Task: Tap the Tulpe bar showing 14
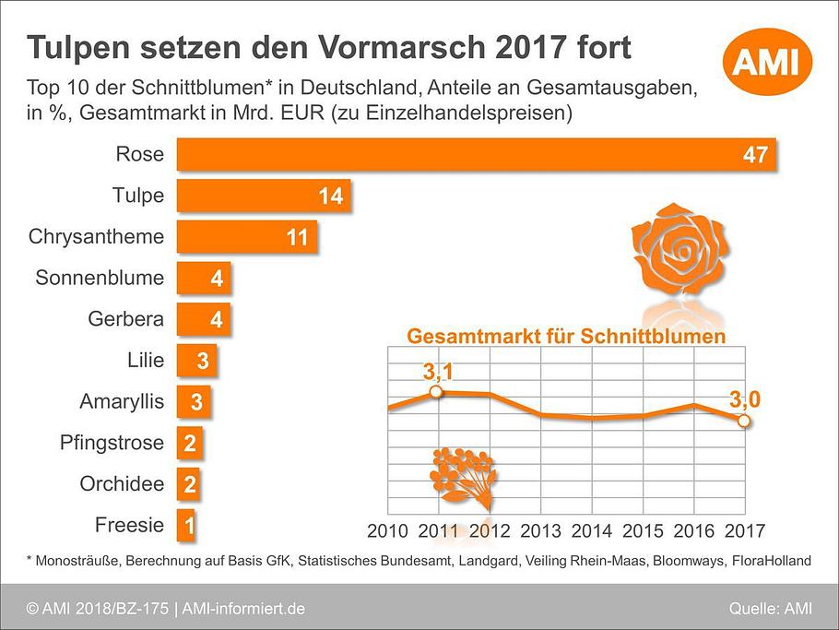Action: coord(263,196)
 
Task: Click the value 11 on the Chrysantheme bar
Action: coord(297,237)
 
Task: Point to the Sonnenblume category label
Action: coord(100,278)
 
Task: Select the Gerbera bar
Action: coord(202,319)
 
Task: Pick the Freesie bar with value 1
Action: coord(185,526)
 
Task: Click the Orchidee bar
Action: coord(187,484)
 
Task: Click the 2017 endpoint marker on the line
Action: coord(744,422)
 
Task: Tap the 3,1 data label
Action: coord(440,373)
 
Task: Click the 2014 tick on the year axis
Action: coord(591,531)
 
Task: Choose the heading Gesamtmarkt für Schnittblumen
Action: coord(565,336)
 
